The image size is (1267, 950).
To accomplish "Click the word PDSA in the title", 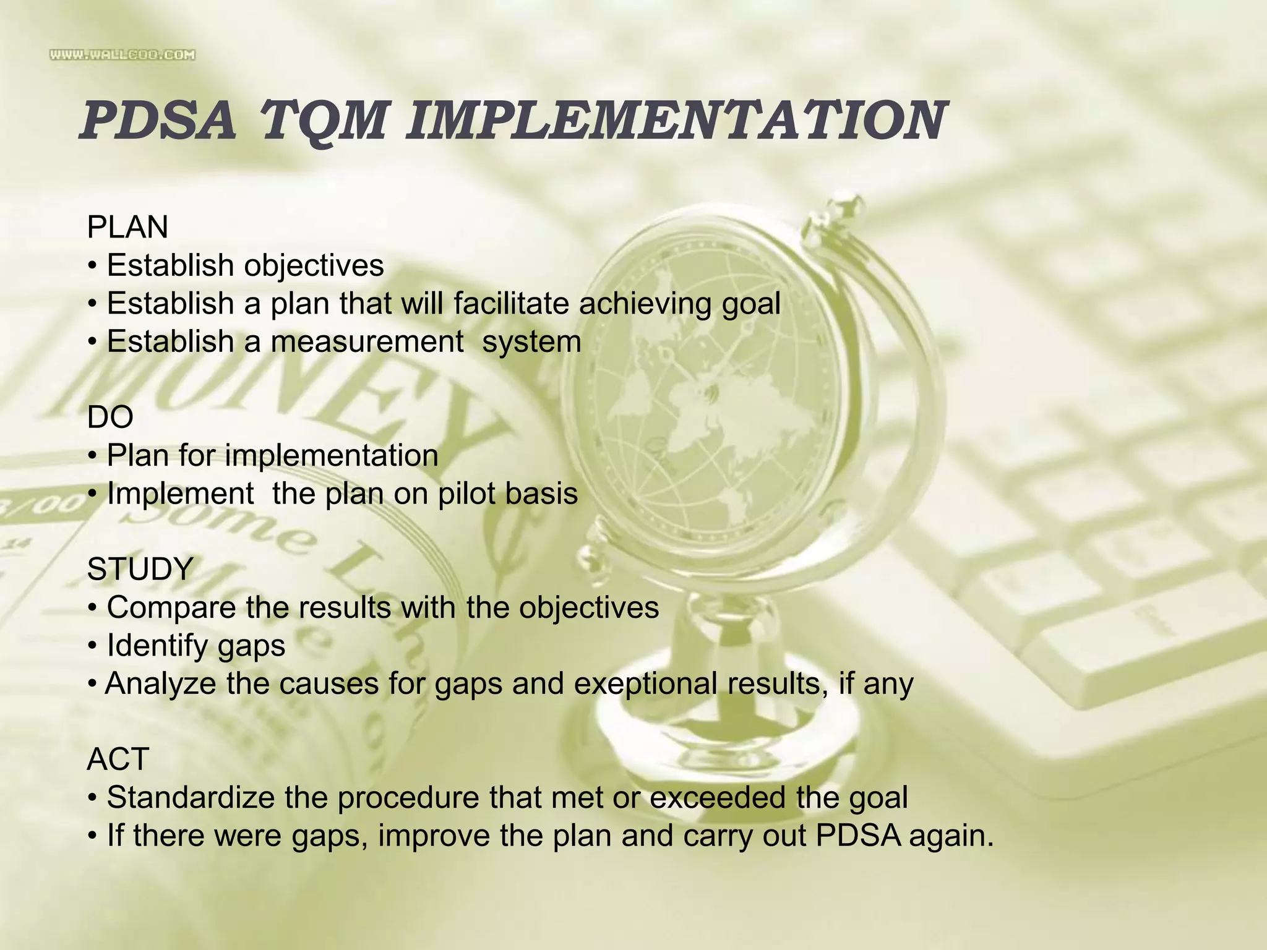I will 158,120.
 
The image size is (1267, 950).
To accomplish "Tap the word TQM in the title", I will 319,121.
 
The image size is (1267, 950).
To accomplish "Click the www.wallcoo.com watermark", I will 122,55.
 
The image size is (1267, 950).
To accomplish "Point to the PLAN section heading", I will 127,227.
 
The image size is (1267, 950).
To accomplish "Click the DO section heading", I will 110,417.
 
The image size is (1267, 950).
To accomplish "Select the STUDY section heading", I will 140,569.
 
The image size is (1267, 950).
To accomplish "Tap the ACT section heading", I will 118,759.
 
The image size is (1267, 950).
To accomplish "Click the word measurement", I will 367,341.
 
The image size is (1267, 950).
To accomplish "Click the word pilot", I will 466,494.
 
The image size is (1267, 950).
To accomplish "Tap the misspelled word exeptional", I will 646,683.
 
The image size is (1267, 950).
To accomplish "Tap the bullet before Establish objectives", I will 92,267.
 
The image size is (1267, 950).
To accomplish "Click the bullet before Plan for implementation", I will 92,456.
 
